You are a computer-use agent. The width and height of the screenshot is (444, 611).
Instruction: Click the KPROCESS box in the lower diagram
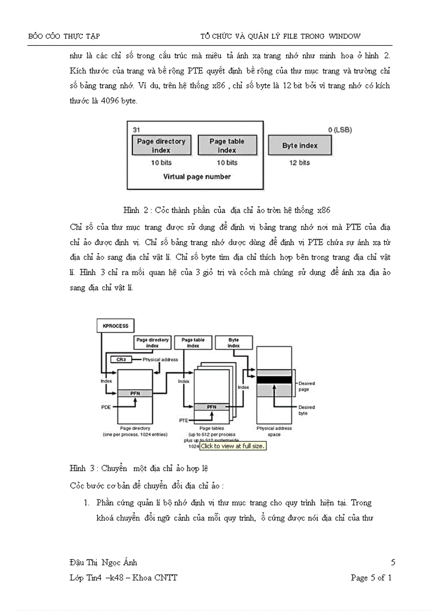pyautogui.click(x=115, y=326)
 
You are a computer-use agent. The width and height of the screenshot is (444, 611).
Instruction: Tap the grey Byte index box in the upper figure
pyautogui.click(x=300, y=146)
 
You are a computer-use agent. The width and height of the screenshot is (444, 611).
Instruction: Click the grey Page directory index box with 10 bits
pyautogui.click(x=161, y=145)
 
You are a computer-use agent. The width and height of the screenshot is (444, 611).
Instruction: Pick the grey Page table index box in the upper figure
pyautogui.click(x=227, y=145)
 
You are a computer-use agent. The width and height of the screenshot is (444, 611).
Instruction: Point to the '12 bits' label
pyautogui.click(x=300, y=163)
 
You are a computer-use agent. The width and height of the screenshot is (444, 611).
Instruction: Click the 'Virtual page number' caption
pyautogui.click(x=197, y=176)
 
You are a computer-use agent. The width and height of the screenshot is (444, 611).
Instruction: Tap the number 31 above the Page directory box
pyautogui.click(x=137, y=129)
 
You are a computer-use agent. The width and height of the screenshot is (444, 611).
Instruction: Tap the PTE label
pyautogui.click(x=183, y=420)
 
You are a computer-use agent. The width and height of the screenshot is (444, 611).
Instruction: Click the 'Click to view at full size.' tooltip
pyautogui.click(x=232, y=446)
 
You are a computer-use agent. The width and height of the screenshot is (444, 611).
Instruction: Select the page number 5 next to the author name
pyautogui.click(x=393, y=563)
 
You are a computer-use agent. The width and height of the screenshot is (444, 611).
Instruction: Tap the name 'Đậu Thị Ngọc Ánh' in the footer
pyautogui.click(x=103, y=563)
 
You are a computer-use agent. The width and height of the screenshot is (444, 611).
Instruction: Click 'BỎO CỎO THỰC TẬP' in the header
pyautogui.click(x=64, y=36)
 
